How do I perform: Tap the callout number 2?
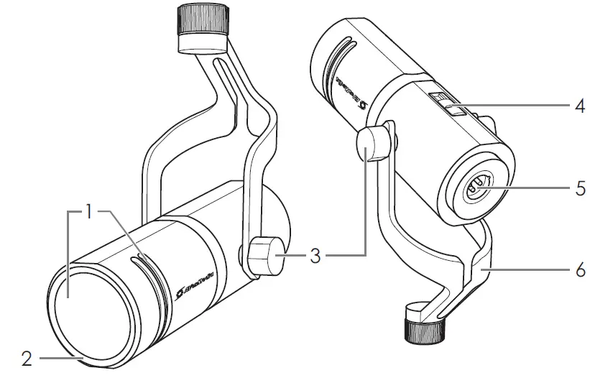[x=27, y=358]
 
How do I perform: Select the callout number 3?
[x=315, y=256]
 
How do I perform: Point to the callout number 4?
[x=580, y=106]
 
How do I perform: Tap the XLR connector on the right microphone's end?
[x=476, y=188]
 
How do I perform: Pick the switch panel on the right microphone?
[x=449, y=105]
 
